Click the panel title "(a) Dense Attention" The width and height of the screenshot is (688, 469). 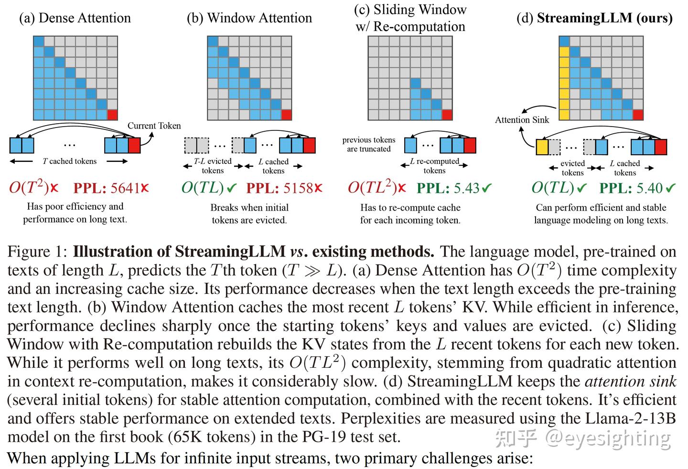pyautogui.click(x=75, y=18)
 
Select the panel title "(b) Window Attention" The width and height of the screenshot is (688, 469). pyautogui.click(x=249, y=18)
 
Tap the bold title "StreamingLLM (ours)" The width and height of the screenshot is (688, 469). pyautogui.click(x=604, y=18)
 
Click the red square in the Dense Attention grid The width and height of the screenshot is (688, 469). pyautogui.click(x=112, y=115)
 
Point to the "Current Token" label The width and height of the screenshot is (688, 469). pyautogui.click(x=154, y=126)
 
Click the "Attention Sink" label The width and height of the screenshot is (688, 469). pyautogui.click(x=522, y=120)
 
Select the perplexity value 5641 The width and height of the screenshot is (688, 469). pyautogui.click(x=125, y=188)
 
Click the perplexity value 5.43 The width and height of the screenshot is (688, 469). pyautogui.click(x=466, y=188)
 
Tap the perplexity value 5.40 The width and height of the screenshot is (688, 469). pyautogui.click(x=649, y=188)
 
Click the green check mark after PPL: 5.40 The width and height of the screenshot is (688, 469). pyautogui.click(x=671, y=188)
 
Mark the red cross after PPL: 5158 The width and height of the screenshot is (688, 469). pyautogui.click(x=318, y=188)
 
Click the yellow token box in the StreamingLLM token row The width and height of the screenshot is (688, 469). pyautogui.click(x=541, y=147)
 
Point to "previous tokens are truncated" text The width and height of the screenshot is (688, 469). pyautogui.click(x=369, y=144)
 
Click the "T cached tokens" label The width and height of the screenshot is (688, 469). pyautogui.click(x=69, y=161)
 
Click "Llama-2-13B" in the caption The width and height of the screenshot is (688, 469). pyautogui.click(x=633, y=418)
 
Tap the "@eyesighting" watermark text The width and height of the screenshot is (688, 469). pyautogui.click(x=608, y=437)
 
